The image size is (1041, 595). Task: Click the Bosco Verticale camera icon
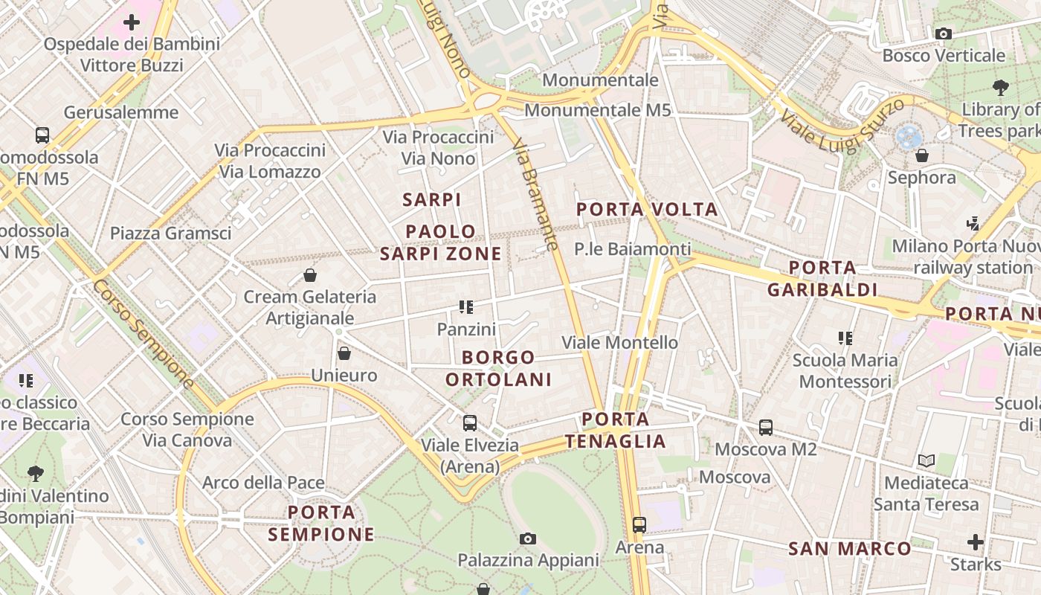(x=944, y=33)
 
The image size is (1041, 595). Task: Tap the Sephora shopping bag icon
(x=922, y=155)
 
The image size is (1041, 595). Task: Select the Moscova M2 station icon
(x=766, y=428)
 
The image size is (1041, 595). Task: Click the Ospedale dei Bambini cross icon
(x=132, y=22)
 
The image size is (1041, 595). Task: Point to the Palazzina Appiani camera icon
(x=528, y=538)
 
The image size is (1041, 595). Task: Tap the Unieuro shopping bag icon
(x=344, y=353)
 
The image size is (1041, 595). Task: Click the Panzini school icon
(x=466, y=306)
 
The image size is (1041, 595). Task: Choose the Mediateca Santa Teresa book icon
(x=926, y=461)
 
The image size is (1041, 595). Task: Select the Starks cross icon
(x=976, y=542)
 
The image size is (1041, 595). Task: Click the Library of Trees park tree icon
(x=1001, y=87)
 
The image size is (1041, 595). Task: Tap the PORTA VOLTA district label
(x=648, y=210)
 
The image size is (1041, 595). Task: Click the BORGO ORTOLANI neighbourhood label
(x=498, y=369)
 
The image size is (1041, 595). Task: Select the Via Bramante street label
(x=535, y=194)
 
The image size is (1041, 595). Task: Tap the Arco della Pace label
(x=263, y=483)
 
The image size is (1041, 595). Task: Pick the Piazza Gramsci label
(x=171, y=233)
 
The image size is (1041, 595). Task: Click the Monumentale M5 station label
(x=598, y=111)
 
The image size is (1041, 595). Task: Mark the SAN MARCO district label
(x=849, y=550)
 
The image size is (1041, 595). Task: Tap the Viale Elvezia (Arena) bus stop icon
(x=469, y=423)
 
